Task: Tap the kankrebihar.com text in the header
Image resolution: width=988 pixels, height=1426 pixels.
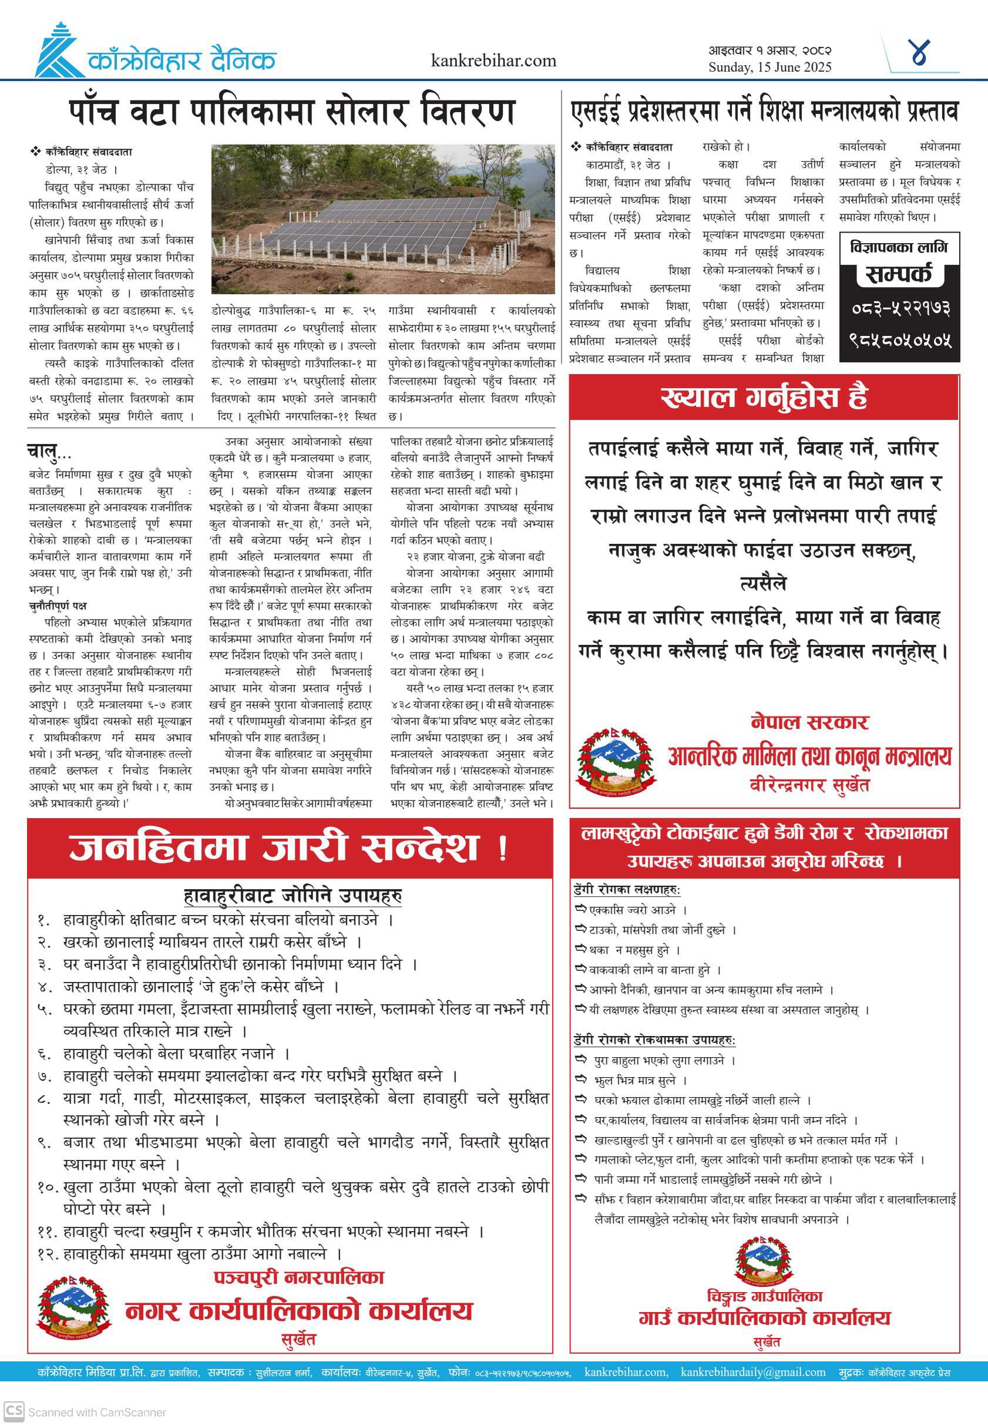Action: point(493,60)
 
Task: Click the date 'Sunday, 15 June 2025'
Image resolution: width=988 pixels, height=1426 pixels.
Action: point(769,68)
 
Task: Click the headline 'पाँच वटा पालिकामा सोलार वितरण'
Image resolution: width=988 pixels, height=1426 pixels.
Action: point(291,112)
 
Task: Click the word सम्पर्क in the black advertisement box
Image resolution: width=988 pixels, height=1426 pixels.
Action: point(899,274)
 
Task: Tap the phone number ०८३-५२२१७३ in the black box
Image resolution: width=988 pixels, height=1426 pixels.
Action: point(899,308)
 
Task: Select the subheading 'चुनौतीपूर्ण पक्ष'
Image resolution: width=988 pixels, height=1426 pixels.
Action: point(58,606)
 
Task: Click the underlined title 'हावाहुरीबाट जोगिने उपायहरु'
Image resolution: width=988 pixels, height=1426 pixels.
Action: point(293,895)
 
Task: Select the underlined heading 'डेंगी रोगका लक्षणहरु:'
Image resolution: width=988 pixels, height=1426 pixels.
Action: point(627,889)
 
